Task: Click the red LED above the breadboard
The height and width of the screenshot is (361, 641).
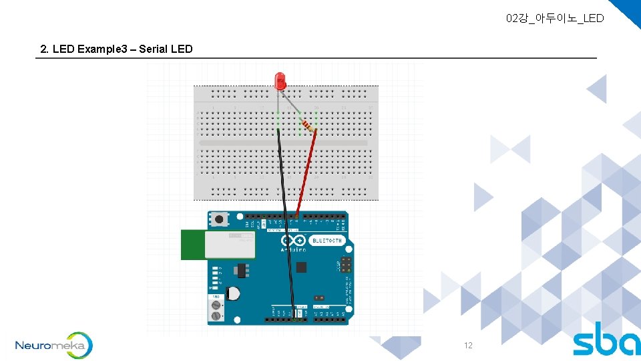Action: [280, 82]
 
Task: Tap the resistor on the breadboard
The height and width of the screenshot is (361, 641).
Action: [308, 125]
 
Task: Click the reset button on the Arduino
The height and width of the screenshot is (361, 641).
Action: [218, 219]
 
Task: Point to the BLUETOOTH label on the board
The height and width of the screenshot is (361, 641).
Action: [327, 241]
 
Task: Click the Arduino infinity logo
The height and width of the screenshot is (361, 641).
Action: [292, 241]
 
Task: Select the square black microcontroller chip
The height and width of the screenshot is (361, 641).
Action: [301, 267]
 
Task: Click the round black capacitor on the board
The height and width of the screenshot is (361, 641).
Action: [234, 293]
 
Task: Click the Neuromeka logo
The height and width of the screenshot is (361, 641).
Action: [53, 346]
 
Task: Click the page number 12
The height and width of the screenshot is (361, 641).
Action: [468, 346]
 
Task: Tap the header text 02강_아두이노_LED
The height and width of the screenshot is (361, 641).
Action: [555, 18]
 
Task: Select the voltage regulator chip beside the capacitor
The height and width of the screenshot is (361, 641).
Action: [240, 270]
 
